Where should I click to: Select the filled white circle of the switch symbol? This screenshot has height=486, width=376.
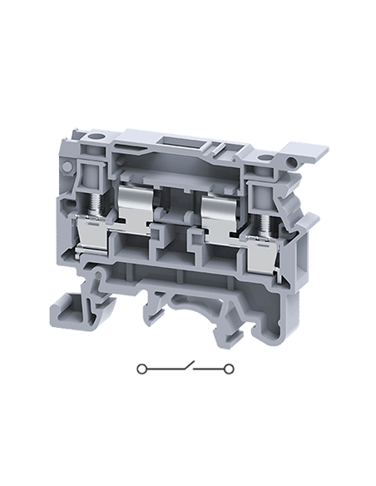pos(142,367)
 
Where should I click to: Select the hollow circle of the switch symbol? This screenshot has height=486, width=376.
pos(230,367)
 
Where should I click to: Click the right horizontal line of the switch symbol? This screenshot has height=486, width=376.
pos(213,367)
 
